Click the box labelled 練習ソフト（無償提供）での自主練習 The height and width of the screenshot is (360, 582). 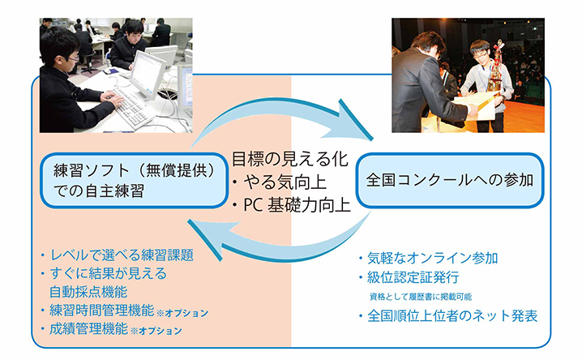click(134, 180)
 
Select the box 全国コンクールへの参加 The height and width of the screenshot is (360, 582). click(450, 180)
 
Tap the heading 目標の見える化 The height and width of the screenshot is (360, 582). click(290, 159)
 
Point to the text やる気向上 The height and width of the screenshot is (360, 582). click(285, 182)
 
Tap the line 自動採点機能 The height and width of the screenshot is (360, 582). click(88, 292)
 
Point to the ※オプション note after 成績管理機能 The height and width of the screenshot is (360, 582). click(156, 331)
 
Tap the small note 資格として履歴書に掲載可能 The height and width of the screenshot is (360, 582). click(421, 297)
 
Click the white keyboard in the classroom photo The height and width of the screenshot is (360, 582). click(135, 108)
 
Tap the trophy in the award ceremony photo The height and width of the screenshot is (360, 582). click(495, 66)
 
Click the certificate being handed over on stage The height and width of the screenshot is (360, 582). click(476, 105)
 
